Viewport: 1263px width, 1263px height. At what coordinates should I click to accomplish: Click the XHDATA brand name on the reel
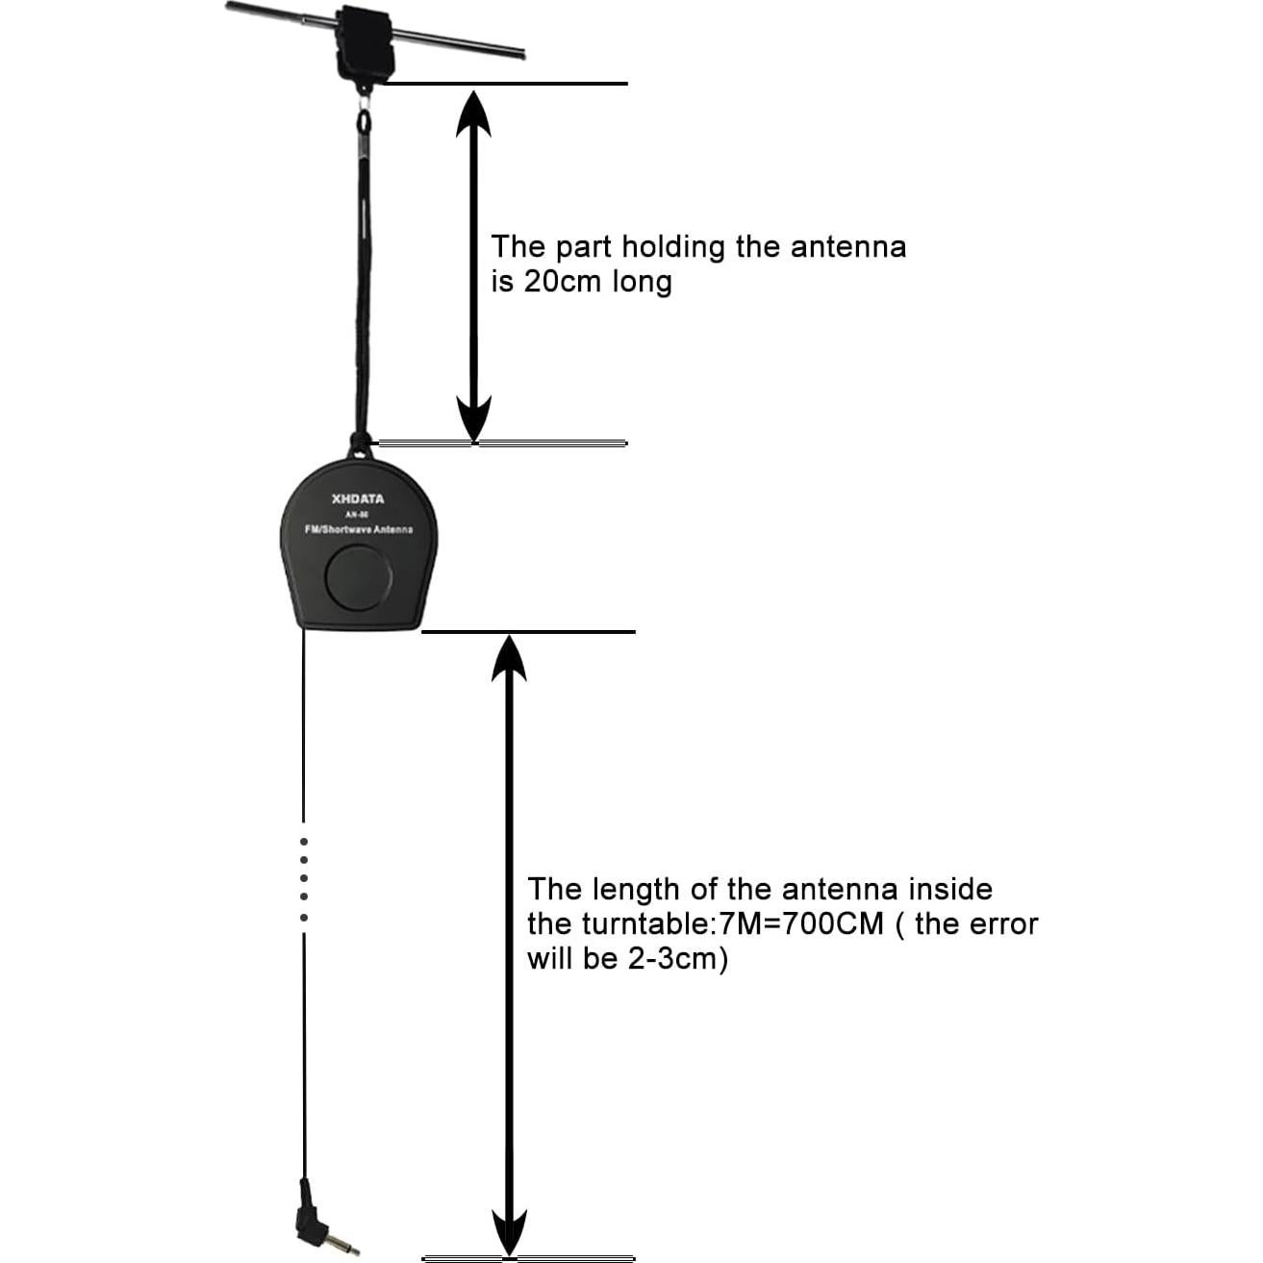[357, 498]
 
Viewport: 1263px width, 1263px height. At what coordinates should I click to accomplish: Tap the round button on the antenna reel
[359, 579]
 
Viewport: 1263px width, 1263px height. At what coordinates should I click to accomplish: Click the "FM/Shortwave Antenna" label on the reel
[358, 530]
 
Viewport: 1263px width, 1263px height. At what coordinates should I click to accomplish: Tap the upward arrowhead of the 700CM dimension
[509, 661]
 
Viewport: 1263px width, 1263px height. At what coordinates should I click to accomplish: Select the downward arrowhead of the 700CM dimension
[509, 1230]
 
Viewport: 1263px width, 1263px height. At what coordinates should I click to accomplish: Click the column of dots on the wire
[304, 878]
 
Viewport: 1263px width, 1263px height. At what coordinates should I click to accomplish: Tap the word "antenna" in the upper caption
[847, 247]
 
